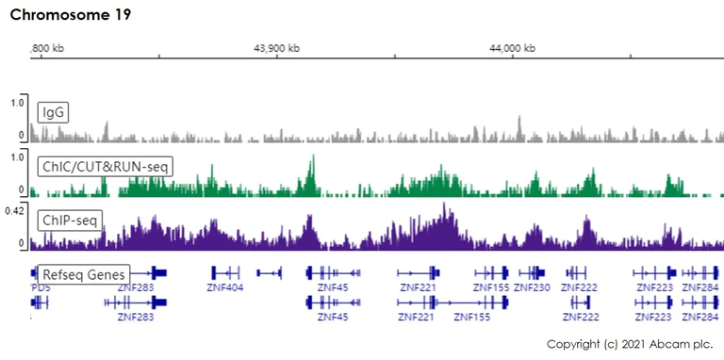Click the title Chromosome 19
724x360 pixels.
pos(71,15)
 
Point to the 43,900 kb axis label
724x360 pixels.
pos(277,48)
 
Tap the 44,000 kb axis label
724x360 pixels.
pos(516,48)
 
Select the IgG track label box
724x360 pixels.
pos(53,113)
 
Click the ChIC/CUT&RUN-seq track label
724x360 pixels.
pos(105,167)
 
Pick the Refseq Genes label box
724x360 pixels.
pos(84,273)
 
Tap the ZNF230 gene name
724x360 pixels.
pos(533,287)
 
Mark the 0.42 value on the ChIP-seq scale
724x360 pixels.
pos(15,209)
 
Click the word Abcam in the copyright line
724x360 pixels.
pos(668,344)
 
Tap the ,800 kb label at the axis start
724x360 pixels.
pos(48,48)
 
